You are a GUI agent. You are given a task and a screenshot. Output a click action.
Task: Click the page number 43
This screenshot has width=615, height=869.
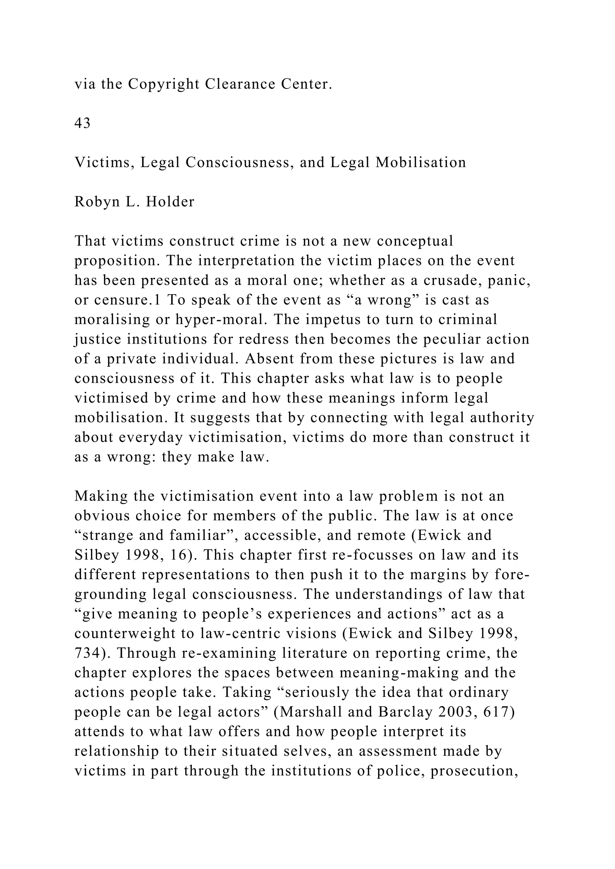82,123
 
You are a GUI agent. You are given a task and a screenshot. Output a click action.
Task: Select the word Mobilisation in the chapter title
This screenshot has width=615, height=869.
421,163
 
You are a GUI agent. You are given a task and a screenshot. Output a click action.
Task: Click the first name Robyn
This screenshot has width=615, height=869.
97,202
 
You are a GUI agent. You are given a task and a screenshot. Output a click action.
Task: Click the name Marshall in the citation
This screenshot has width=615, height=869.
308,713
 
